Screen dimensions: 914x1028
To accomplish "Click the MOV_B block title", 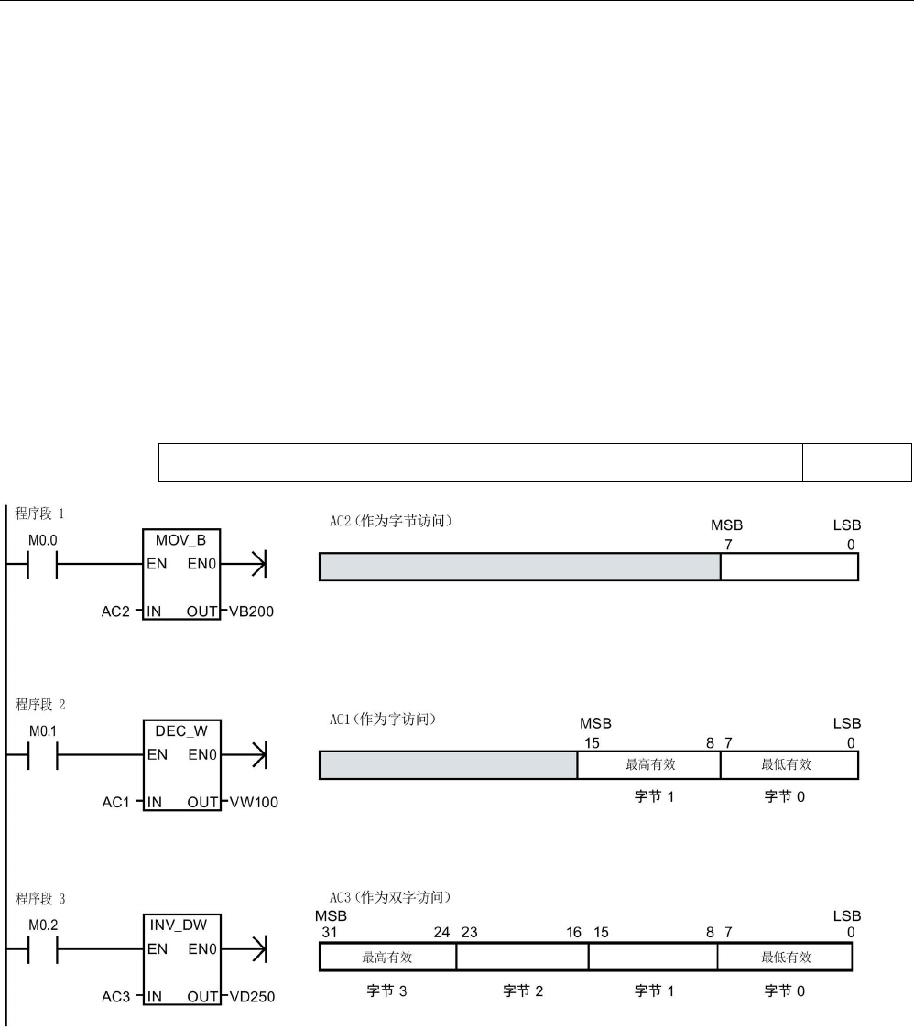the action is [x=180, y=540].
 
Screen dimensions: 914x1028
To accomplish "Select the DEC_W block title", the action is [x=181, y=731].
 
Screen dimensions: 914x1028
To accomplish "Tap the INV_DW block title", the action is [x=179, y=925].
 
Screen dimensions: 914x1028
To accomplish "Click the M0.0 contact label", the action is [x=43, y=540].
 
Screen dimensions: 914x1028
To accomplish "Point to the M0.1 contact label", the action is [x=43, y=731].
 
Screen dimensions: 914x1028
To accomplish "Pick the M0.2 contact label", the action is [x=43, y=925].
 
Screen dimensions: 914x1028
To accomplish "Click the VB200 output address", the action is [x=251, y=611].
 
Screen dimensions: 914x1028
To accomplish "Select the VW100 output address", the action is [x=254, y=802].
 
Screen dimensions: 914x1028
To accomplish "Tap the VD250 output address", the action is [x=253, y=997].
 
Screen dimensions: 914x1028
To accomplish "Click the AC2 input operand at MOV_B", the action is [x=115, y=611].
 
